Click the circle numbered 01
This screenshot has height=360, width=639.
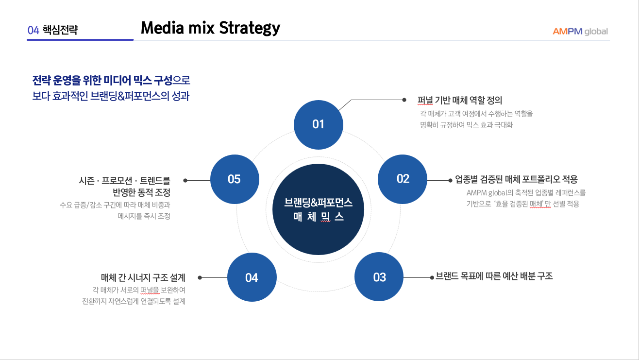(318, 124)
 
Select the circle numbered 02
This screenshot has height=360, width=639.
(403, 179)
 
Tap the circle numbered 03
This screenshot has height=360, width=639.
(379, 277)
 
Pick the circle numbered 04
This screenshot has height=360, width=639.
(252, 277)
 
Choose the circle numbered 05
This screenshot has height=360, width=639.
(234, 179)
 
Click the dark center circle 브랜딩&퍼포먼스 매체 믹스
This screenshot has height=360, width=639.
(318, 209)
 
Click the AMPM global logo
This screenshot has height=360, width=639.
(580, 32)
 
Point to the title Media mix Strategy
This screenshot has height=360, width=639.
(210, 28)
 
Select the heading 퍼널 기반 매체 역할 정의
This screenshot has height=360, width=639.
(459, 101)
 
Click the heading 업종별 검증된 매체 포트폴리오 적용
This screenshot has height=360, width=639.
(516, 179)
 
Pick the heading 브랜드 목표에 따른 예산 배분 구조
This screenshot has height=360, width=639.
(494, 276)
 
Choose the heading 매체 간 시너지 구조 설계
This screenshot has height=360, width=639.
(143, 278)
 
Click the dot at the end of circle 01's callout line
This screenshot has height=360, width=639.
(404, 100)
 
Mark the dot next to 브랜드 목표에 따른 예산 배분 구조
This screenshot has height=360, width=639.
(432, 277)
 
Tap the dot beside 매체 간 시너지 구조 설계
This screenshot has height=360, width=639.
(200, 278)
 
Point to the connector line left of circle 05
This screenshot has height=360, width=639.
(198, 180)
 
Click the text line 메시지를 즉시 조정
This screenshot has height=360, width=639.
(144, 216)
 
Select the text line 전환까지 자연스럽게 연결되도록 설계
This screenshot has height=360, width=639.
(134, 301)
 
